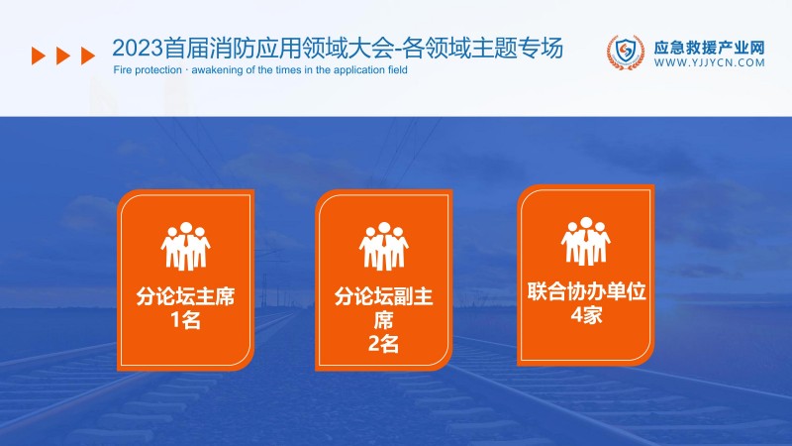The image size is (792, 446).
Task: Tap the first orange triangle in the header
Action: click(39, 56)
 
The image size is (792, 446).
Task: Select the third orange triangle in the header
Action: click(88, 56)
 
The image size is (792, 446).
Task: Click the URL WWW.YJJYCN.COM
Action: click(710, 61)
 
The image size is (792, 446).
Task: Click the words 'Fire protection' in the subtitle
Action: click(137, 71)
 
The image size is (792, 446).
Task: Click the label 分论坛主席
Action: click(187, 297)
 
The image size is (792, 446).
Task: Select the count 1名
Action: click(187, 320)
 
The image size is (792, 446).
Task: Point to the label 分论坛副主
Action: click(384, 297)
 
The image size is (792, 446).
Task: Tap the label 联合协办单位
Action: click(586, 293)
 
